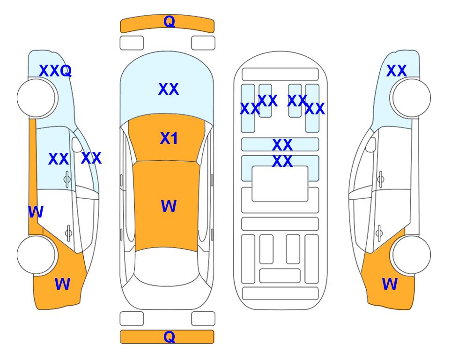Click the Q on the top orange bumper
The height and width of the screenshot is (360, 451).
pos(169,21)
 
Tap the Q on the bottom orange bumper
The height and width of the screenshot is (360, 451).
pos(169,337)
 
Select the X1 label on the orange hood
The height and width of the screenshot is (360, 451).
pos(169,138)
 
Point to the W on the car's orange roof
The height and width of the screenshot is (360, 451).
pos(169,206)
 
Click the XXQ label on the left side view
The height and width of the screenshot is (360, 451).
pos(55,71)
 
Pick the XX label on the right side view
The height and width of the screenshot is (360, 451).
pos(396,71)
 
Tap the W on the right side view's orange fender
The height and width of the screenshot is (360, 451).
pos(390,284)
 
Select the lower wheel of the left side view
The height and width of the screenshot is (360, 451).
pos(36,255)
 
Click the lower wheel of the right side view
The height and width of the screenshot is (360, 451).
pos(412,255)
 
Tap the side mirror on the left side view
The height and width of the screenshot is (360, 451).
pos(77,144)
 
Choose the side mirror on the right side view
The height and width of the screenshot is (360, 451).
pos(371,144)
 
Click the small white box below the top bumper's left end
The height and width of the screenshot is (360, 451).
pos(132,43)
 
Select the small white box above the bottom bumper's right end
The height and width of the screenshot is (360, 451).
pos(203,319)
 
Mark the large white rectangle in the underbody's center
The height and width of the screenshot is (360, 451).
pos(280,184)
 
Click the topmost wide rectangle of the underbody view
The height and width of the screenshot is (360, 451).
pos(280,75)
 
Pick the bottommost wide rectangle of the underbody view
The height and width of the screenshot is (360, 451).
pos(281,293)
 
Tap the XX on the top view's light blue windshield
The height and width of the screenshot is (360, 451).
pos(169,89)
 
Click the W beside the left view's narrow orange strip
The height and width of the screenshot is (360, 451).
pos(36,212)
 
